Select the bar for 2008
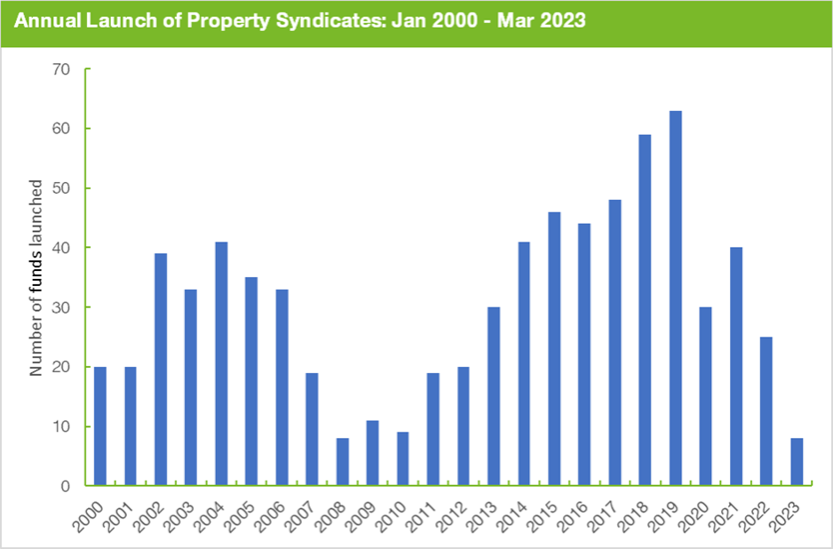[343, 462]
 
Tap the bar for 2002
[161, 369]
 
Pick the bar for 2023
[796, 462]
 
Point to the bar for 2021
[736, 366]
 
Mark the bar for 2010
[403, 459]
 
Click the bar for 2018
[645, 310]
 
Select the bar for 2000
[100, 426]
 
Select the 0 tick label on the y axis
[66, 486]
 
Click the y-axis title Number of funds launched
[36, 278]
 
